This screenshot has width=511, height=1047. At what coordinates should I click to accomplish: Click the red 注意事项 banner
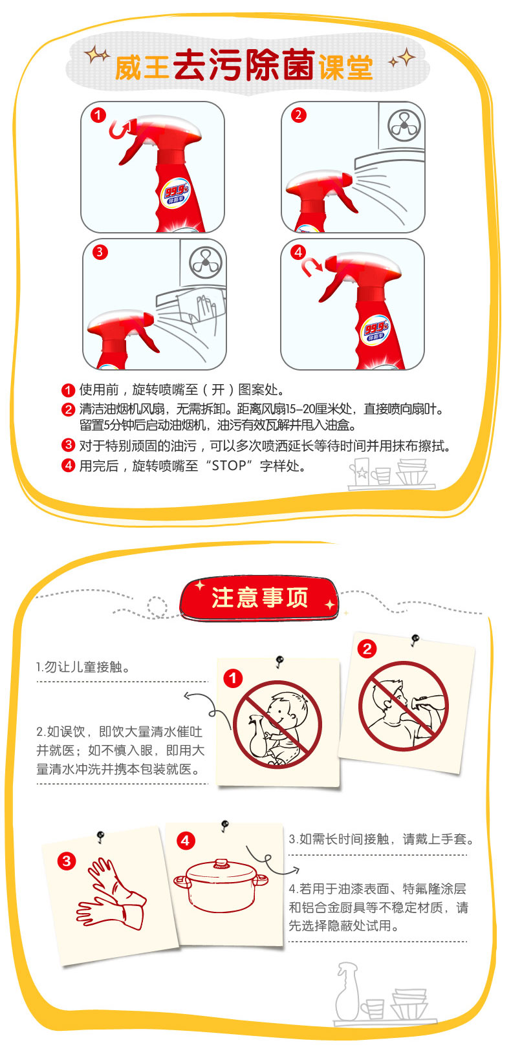coord(259,598)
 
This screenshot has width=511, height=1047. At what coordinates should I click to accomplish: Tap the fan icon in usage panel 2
coord(404,125)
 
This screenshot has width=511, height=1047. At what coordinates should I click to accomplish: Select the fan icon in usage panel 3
coord(206,263)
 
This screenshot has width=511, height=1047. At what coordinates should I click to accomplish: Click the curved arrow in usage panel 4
coord(312,268)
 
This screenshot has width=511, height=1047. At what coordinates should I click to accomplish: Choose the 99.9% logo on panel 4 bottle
coord(376,331)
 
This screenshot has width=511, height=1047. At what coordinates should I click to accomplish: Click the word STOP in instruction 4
coord(229,466)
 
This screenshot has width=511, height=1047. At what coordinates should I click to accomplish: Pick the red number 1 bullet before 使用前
coord(69,391)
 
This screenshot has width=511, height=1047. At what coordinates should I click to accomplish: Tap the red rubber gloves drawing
coord(111,894)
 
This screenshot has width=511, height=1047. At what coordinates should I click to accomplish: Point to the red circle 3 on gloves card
coord(67,861)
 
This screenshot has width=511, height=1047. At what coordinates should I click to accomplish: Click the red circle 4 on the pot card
coord(186,841)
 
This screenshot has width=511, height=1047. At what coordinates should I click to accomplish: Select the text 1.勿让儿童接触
coord(83,667)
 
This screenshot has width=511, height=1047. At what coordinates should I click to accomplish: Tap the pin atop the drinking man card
coord(415,639)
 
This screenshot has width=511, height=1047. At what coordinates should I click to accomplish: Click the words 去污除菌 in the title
coord(244,65)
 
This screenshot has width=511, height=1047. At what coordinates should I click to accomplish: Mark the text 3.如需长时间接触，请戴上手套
coord(382,839)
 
